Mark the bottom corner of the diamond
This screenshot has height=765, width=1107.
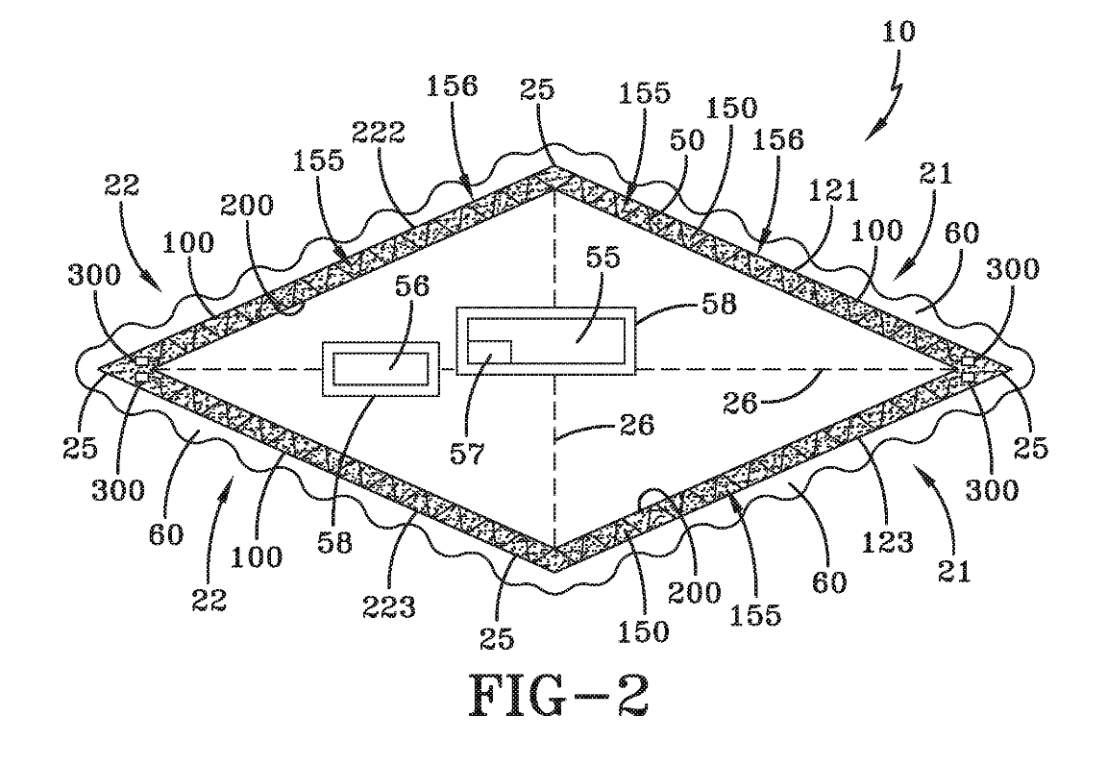(554, 566)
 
